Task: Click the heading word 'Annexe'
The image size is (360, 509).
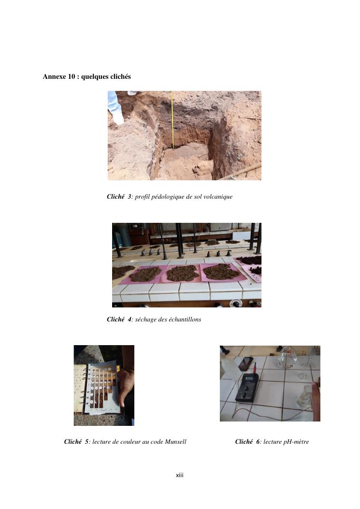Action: tap(55, 76)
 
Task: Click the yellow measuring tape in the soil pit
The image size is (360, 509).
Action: tap(173, 120)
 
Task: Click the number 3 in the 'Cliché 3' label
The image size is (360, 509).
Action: tap(129, 196)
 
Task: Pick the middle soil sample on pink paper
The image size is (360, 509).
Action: tap(182, 273)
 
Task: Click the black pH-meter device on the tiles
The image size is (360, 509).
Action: tap(247, 387)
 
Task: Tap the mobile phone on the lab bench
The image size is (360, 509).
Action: tap(246, 364)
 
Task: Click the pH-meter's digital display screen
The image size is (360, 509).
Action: tap(249, 378)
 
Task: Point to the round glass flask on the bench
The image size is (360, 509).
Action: tap(288, 357)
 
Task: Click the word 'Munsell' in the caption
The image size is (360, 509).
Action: tap(175, 441)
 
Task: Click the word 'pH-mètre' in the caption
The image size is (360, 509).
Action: tap(296, 442)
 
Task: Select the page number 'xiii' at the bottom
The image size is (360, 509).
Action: tap(179, 475)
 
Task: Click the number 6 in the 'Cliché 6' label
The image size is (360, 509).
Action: tap(258, 441)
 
